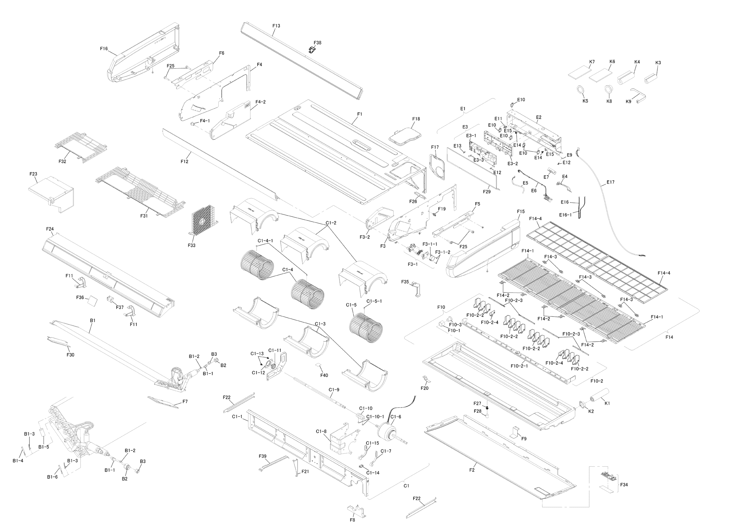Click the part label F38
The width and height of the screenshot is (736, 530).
pos(317,42)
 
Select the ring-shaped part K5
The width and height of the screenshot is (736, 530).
pos(581,90)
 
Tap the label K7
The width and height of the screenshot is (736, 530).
pos(592,62)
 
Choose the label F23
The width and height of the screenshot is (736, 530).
pos(33,174)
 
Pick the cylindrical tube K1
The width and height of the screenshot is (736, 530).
pos(599,395)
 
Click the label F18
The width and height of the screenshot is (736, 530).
pos(416,119)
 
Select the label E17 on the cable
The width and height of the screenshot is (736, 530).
pos(610,182)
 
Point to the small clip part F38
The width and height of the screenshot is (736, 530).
pos(312,50)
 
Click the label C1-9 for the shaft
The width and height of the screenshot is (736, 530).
pos(334,390)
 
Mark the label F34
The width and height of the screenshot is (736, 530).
pos(624,485)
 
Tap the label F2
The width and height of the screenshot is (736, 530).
pos(472,470)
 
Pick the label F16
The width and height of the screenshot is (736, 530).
pos(104,49)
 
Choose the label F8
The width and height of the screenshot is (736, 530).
pos(352,520)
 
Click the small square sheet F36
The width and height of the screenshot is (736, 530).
pos(93,301)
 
